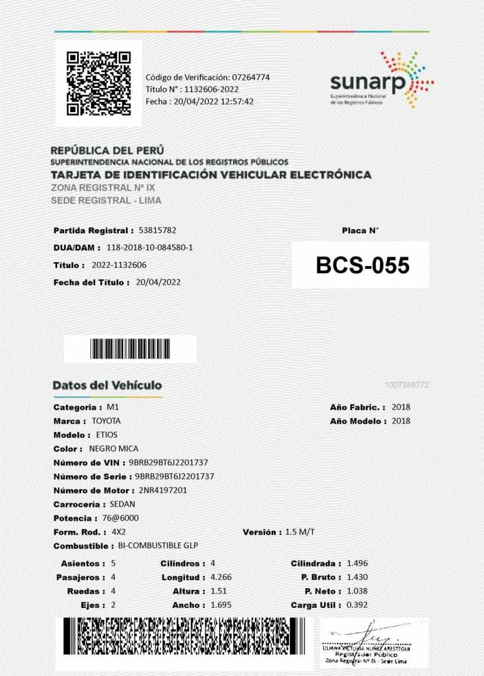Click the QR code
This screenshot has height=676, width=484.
98,83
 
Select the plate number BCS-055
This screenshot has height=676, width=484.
362,265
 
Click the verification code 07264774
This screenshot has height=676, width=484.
250,77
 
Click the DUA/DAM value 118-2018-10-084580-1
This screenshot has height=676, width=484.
150,247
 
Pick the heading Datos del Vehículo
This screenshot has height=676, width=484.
107,385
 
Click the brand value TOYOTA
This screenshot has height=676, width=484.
106,421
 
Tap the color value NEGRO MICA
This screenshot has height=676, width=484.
114,449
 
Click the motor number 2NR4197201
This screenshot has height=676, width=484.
163,490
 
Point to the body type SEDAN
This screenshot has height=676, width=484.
122,504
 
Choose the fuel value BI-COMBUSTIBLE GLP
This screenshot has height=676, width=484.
158,546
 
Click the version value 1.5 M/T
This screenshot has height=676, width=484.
300,532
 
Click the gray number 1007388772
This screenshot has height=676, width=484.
407,385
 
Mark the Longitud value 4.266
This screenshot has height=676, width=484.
221,577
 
